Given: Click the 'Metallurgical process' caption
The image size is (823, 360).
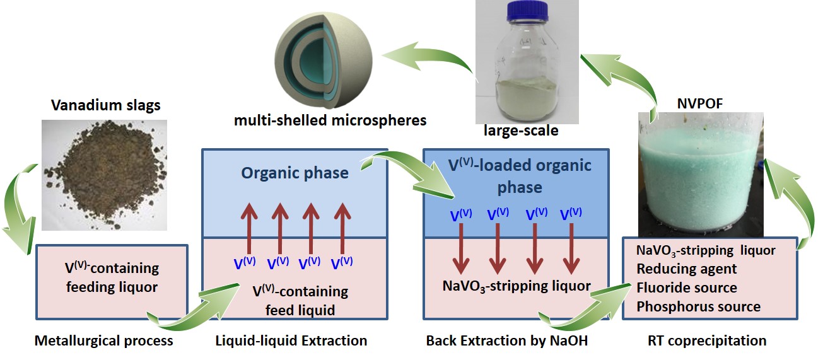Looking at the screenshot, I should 103,341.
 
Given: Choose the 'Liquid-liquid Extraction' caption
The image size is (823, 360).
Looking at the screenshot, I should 291,341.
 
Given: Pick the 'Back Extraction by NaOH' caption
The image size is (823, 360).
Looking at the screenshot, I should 511,341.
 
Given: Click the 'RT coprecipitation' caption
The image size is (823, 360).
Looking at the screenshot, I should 706,341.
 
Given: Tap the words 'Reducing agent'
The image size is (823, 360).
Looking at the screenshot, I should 686,269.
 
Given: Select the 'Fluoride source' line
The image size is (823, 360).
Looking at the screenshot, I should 686,287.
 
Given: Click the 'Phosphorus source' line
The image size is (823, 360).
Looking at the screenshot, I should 698,307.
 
